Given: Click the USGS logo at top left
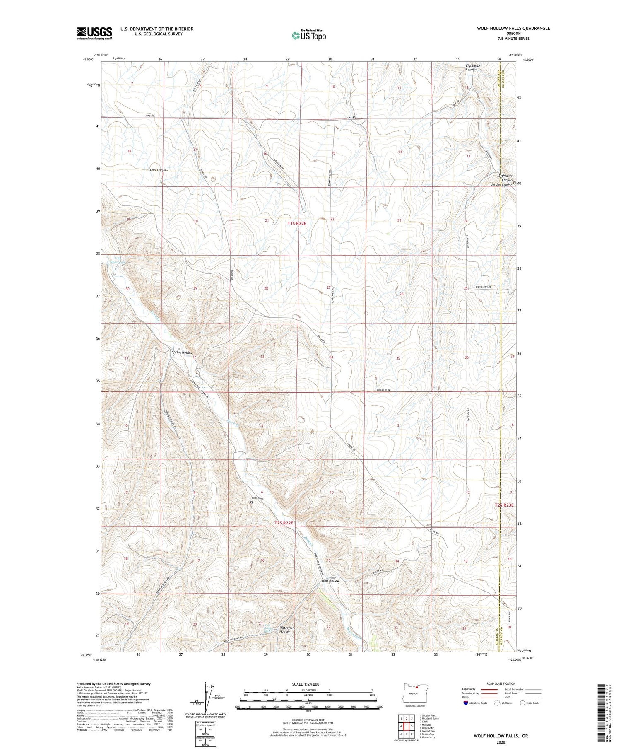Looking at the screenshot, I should coord(94,33).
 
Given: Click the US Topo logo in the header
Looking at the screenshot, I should coord(308,35).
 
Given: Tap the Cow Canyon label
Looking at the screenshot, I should coord(159,170).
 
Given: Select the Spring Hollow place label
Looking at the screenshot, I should coord(182,353).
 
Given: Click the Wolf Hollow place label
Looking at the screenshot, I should coord(330,581).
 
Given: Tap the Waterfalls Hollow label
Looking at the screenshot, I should coord(287,630).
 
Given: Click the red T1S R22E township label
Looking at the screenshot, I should coord(297,223).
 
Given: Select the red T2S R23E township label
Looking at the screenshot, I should coord(504,505).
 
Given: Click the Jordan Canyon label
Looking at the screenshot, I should coord(501,185).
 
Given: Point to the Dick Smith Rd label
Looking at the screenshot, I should coord(483,287).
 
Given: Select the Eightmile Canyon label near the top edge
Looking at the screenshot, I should coord(472,68).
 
